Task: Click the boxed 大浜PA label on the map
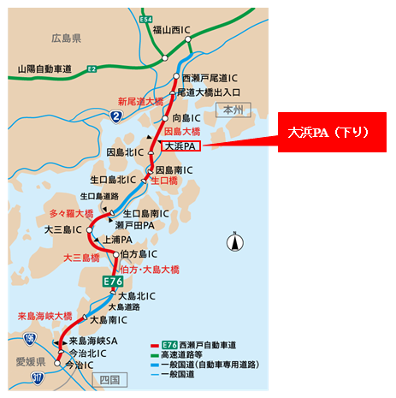tap(180, 146)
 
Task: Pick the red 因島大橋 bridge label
tap(182, 131)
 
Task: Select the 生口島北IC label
tap(113, 181)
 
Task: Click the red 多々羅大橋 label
tap(71, 213)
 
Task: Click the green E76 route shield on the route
tap(113, 281)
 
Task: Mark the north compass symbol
tap(233, 242)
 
